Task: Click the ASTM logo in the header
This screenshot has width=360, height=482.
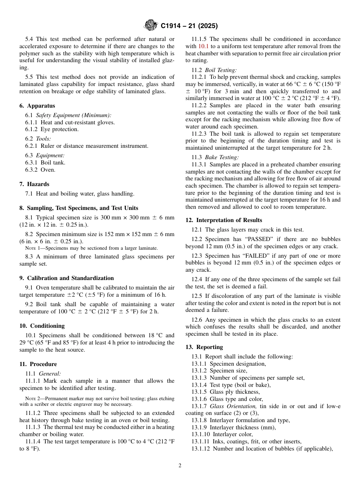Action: tap(151, 25)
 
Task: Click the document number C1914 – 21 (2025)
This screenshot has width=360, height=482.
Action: tap(189, 26)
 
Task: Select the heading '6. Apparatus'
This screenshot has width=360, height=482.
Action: tap(37, 106)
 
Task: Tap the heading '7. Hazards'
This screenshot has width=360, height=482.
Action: tap(34, 184)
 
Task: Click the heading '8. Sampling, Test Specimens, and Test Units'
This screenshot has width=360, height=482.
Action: tap(79, 208)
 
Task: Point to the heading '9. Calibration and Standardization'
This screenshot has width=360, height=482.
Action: tap(66, 278)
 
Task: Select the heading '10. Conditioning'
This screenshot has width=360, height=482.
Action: tap(42, 326)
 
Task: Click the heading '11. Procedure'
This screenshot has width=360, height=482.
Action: tap(38, 364)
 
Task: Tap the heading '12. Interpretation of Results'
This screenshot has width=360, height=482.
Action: tap(224, 220)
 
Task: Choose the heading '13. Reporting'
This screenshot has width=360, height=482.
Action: tap(204, 347)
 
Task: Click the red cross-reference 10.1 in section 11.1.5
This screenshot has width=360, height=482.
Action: tap(203, 46)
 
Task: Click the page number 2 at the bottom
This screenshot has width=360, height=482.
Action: tap(180, 466)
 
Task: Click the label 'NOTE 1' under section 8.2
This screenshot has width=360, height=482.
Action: tap(32, 248)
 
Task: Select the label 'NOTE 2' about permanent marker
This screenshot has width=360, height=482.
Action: tap(32, 398)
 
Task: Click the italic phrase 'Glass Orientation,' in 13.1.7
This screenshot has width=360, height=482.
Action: tap(233, 406)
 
